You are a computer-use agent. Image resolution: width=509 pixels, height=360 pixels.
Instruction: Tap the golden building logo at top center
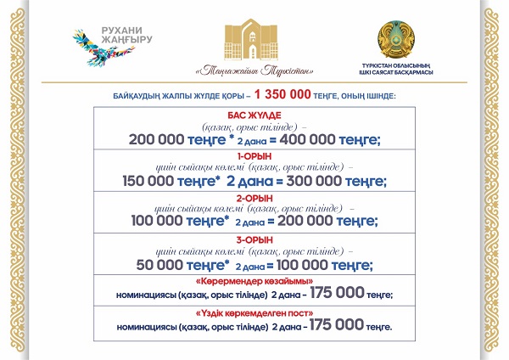tap(255, 38)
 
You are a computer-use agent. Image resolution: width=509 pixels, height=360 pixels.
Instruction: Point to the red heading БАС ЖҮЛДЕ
tap(255, 115)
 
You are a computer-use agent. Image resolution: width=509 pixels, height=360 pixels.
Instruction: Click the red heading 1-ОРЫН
tap(255, 156)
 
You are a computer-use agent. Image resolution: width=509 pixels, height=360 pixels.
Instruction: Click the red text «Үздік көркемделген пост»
tap(255, 312)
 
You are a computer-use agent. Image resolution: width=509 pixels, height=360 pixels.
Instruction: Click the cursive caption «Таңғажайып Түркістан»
tap(255, 70)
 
